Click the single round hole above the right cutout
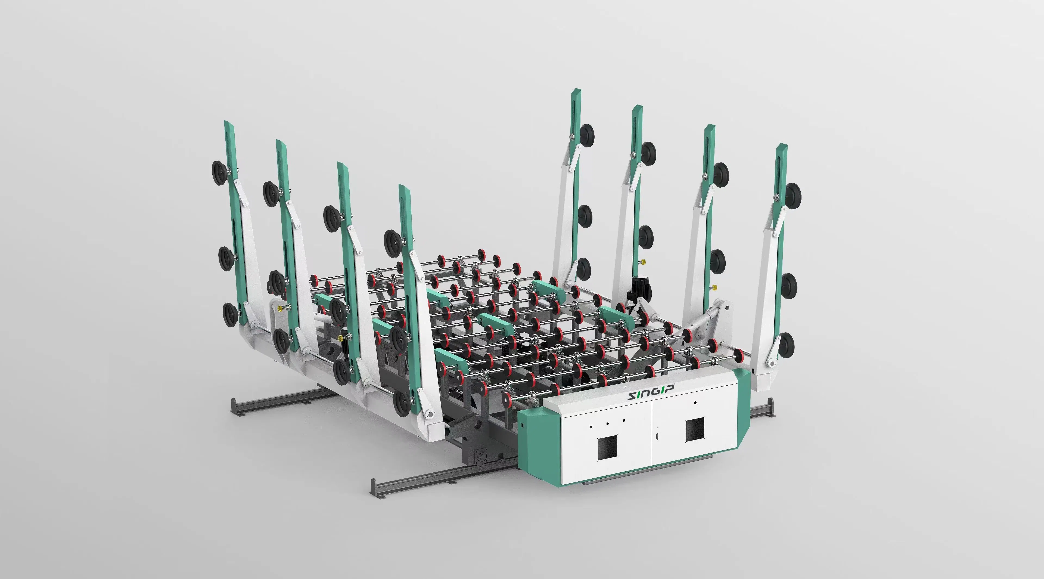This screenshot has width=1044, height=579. (695, 403)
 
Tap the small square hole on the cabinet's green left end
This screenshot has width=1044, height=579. (523, 426)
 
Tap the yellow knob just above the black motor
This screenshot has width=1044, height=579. (642, 262)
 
